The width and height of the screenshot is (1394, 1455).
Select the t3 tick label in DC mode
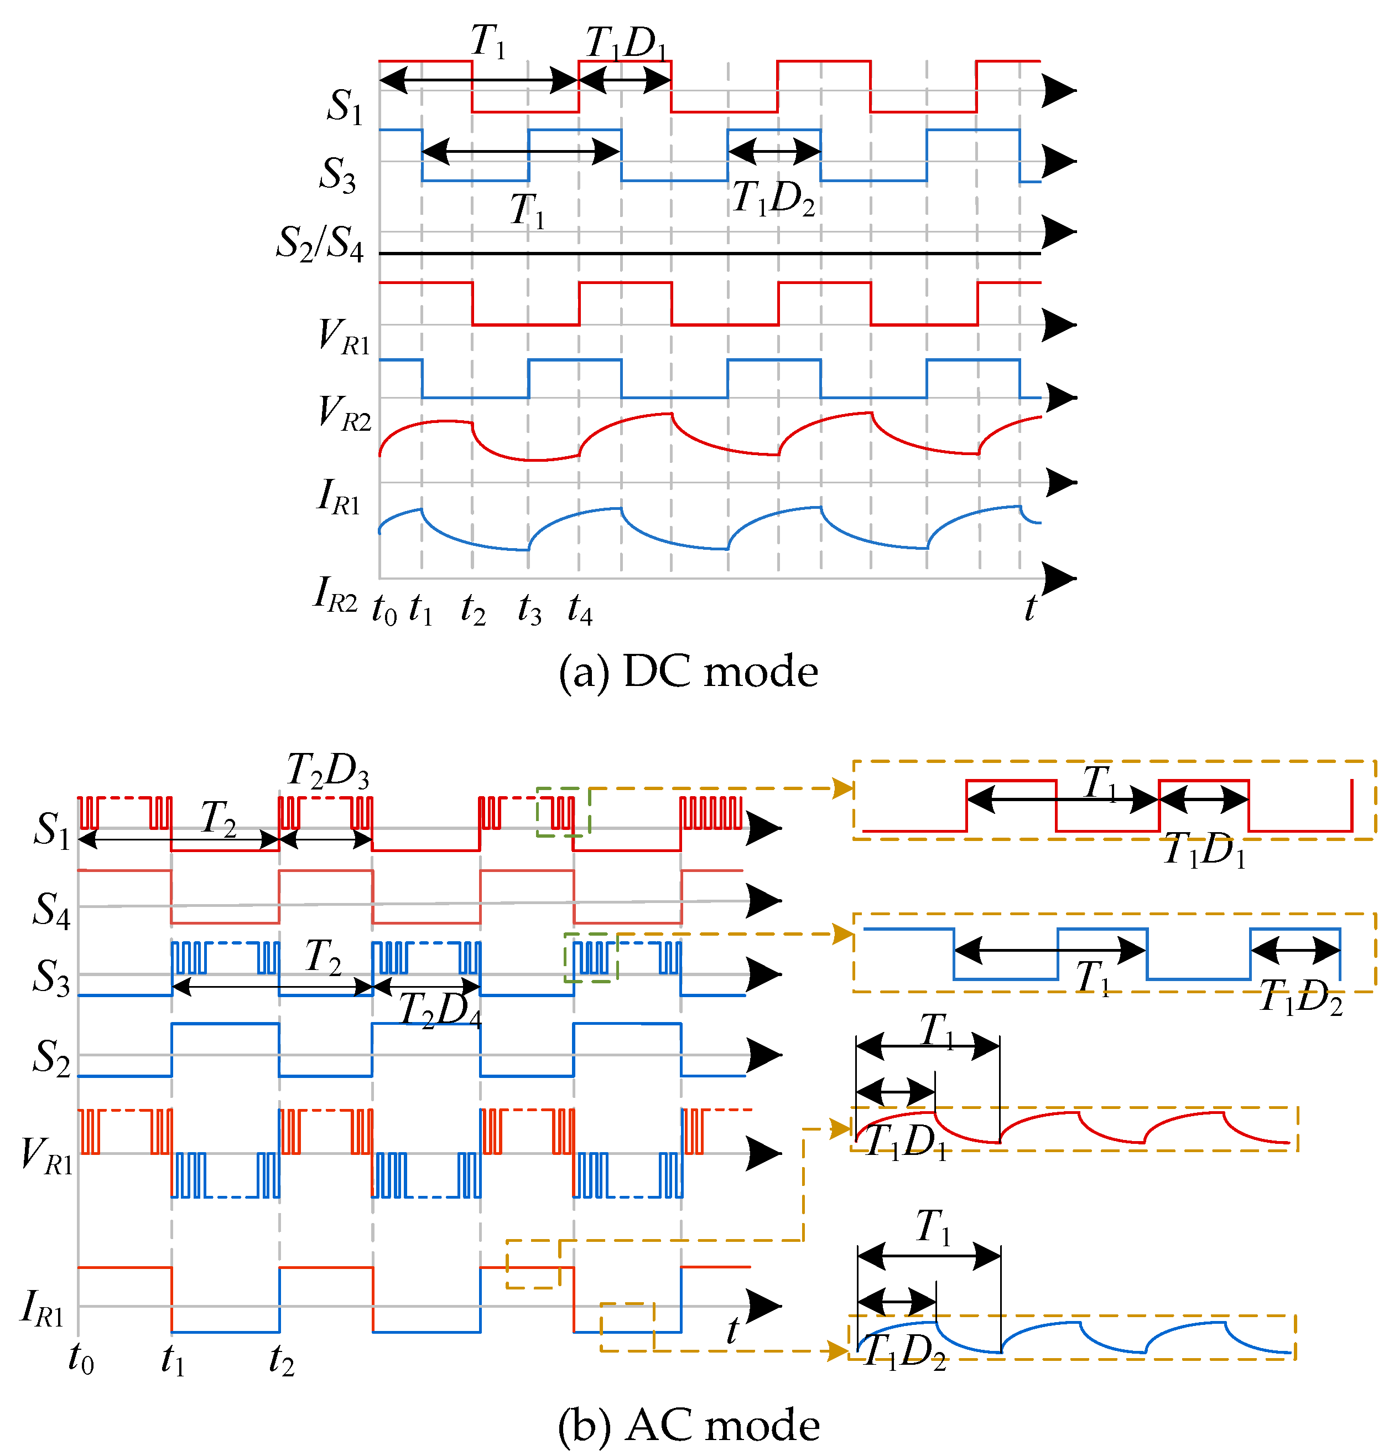(x=529, y=611)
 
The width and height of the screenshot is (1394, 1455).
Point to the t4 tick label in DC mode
(x=579, y=611)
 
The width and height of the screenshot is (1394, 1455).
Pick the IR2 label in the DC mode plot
(x=335, y=595)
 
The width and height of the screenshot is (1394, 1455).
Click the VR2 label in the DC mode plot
(x=344, y=412)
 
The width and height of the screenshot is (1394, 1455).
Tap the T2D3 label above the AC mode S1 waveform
(x=327, y=771)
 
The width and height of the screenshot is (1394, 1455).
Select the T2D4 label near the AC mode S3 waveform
(x=440, y=1010)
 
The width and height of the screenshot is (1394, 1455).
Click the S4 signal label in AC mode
(x=51, y=909)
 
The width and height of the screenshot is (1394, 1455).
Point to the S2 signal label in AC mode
(x=51, y=1057)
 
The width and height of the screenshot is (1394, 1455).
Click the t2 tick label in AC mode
(x=281, y=1360)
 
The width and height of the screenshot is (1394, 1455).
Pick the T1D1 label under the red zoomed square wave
(x=1204, y=850)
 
